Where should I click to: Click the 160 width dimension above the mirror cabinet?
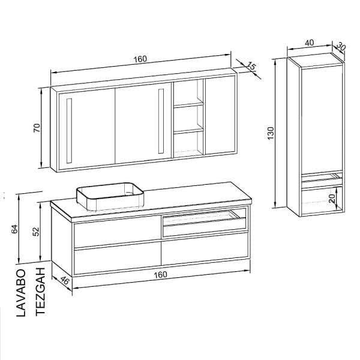click(x=140, y=59)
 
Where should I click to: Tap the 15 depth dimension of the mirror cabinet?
click(x=251, y=67)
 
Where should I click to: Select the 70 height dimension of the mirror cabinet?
click(x=37, y=127)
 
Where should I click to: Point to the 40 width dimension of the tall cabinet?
click(x=310, y=43)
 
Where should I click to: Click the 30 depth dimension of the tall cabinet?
click(x=341, y=47)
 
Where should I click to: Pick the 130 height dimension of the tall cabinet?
click(x=271, y=133)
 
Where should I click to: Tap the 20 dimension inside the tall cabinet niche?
click(x=332, y=199)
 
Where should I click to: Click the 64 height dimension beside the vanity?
click(x=14, y=229)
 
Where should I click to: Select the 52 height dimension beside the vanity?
click(x=36, y=232)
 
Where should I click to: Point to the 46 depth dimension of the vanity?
click(x=65, y=280)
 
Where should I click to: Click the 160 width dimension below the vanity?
click(x=160, y=275)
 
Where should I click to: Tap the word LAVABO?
click(x=21, y=293)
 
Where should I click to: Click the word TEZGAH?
click(x=40, y=292)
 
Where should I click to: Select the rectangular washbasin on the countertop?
click(x=110, y=197)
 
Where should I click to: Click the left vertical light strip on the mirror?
click(x=69, y=131)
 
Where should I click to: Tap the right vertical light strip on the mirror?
click(x=161, y=121)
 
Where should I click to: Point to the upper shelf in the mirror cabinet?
click(x=188, y=104)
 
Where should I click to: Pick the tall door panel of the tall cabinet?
click(x=322, y=119)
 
